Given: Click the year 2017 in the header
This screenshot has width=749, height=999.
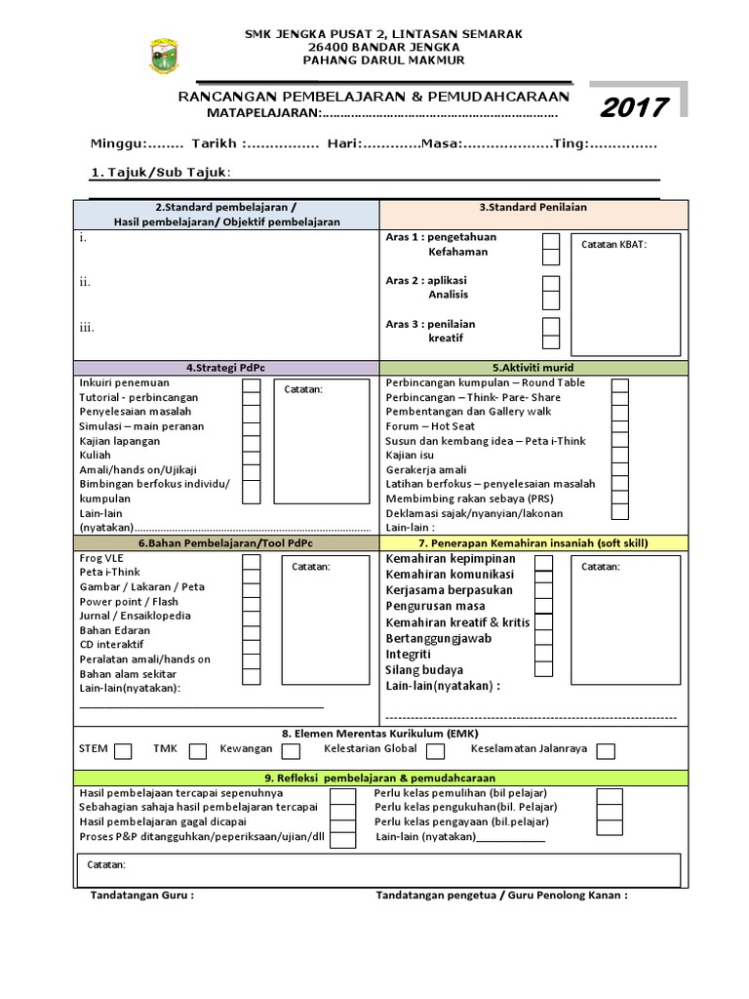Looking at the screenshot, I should click(x=634, y=107).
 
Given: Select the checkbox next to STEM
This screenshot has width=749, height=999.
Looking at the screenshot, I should click(x=123, y=750).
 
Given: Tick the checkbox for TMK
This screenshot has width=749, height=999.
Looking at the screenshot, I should click(x=198, y=750).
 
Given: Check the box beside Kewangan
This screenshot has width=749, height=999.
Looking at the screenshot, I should click(x=291, y=750).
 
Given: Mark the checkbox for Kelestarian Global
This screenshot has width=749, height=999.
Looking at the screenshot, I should click(x=436, y=750).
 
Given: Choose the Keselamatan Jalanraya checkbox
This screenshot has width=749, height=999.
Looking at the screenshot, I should click(x=606, y=750).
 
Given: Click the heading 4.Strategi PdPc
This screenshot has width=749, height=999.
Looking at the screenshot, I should click(x=225, y=368).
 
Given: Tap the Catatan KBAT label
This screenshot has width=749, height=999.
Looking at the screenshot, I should click(x=613, y=245).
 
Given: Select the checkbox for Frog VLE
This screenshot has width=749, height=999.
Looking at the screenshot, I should click(x=252, y=561).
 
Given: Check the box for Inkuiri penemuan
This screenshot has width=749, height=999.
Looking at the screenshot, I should click(x=252, y=385).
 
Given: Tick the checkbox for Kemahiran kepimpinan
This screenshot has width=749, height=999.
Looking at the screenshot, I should click(x=544, y=561).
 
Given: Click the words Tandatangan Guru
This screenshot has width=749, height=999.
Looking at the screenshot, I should click(x=141, y=895).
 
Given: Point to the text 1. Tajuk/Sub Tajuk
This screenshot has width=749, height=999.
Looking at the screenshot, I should click(x=161, y=173).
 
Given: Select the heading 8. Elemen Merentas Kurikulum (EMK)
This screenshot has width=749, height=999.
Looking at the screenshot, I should click(x=380, y=734).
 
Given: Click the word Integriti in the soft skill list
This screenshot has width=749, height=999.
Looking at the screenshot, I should click(x=408, y=655).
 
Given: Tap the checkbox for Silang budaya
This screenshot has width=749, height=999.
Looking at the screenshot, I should click(x=544, y=669).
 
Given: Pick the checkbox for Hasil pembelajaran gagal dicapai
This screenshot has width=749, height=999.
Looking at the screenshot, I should click(x=342, y=824).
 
